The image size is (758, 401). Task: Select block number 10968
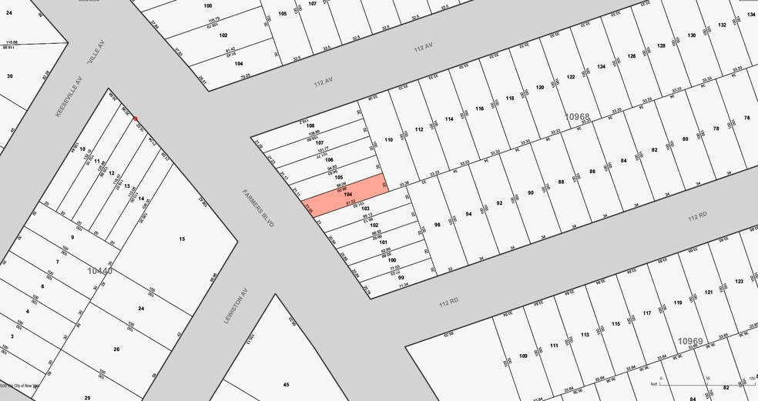[x=577, y=117]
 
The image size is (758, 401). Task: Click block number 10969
[x=690, y=340]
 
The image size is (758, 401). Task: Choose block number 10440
[x=100, y=270]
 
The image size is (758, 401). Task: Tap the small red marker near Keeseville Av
[x=136, y=119]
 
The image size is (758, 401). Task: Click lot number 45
[x=286, y=384]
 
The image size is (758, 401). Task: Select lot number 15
[x=182, y=239]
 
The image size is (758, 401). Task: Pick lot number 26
[x=116, y=349]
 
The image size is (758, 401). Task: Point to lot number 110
[x=389, y=139]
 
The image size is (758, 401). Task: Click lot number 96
[x=437, y=225]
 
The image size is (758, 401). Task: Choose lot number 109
[x=523, y=356]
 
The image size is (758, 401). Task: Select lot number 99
[x=401, y=278]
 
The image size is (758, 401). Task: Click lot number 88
[x=562, y=182]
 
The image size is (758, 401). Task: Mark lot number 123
[x=739, y=282]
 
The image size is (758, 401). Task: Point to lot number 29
[x=87, y=397]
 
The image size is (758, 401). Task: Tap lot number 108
[x=310, y=125]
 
